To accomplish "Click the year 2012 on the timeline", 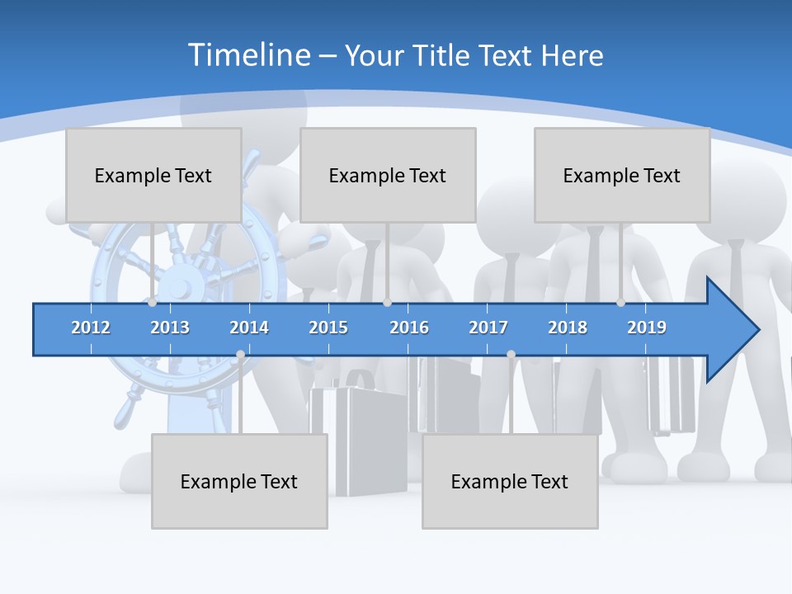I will click(91, 328).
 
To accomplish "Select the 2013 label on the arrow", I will click(170, 328).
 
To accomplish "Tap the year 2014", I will click(249, 328).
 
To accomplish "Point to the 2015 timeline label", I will click(328, 328).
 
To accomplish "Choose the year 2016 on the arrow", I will click(409, 328).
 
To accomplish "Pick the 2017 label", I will click(488, 328).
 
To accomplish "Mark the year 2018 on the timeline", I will click(568, 328).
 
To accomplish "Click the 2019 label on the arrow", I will click(647, 328).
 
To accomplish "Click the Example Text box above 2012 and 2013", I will click(153, 175).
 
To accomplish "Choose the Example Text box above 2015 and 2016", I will click(388, 175).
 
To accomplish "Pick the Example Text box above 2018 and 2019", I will click(622, 175).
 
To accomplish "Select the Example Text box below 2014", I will click(239, 481).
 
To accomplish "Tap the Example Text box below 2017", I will click(510, 481).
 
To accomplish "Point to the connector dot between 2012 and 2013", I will click(153, 303).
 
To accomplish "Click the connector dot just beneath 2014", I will click(240, 355).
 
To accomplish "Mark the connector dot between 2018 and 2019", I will click(621, 303).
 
